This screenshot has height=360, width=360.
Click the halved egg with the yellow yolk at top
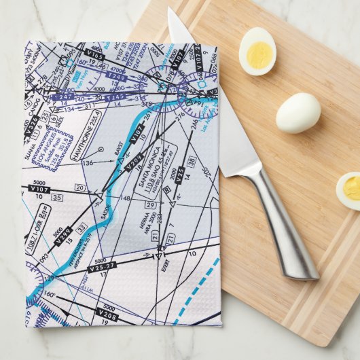pyautogui.click(x=257, y=51)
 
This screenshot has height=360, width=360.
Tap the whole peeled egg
pyautogui.click(x=298, y=113)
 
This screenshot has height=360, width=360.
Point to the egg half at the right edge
pyautogui.click(x=349, y=191)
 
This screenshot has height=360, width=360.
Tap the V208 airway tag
pyautogui.click(x=108, y=314)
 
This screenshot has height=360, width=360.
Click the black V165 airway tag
pyautogui.click(x=95, y=55)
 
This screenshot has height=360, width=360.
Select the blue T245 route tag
pyautogui.click(x=115, y=97)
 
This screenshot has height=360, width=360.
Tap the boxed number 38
pyautogui.click(x=192, y=161)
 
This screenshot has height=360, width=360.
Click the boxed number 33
pyautogui.click(x=82, y=228)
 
